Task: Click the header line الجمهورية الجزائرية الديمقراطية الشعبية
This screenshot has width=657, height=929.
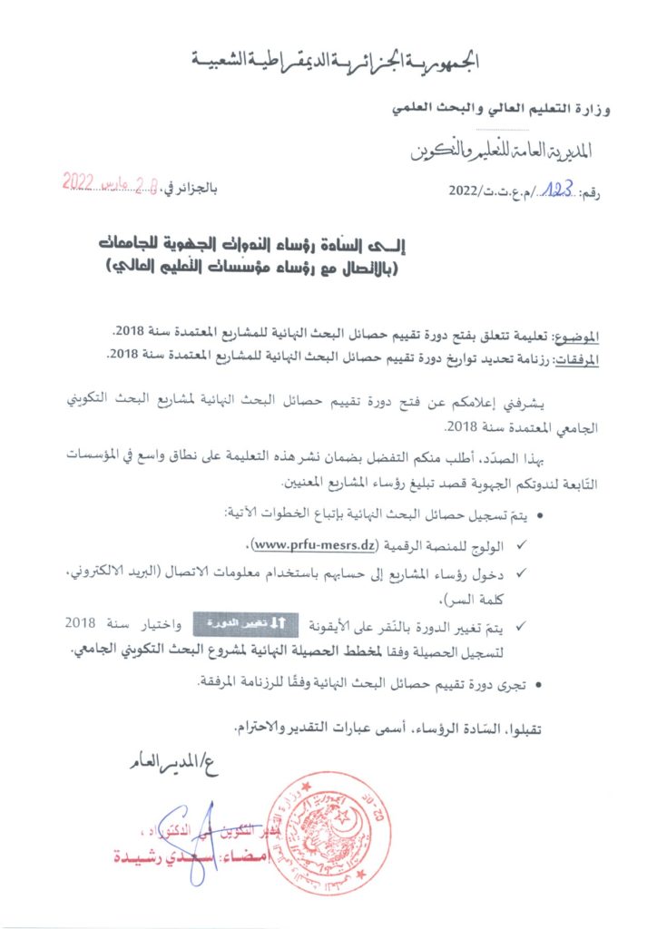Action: [333, 63]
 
